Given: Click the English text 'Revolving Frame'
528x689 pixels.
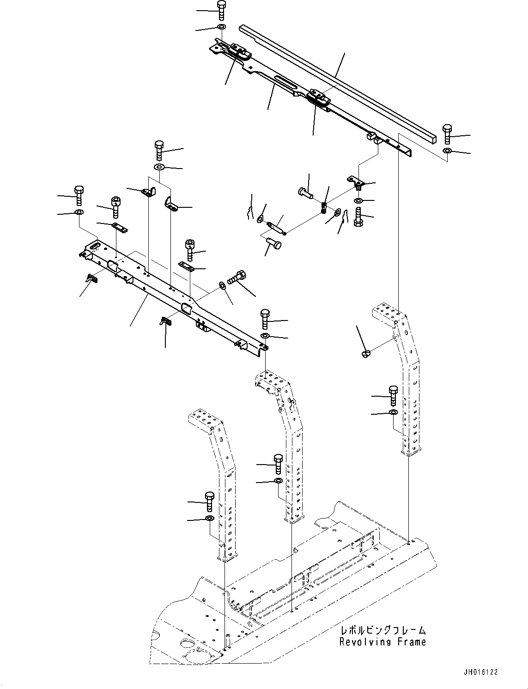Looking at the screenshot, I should (x=382, y=641).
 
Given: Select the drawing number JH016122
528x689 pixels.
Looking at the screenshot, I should (x=481, y=673).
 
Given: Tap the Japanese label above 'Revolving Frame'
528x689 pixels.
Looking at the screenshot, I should (x=382, y=630).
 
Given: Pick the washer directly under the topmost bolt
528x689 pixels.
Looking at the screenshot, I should (x=221, y=28).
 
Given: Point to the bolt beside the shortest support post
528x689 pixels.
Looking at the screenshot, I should (x=209, y=501).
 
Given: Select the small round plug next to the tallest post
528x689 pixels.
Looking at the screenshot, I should (x=364, y=354).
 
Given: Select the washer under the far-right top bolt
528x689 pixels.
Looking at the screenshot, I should (x=447, y=151).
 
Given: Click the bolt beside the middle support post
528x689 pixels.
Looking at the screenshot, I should (x=278, y=464).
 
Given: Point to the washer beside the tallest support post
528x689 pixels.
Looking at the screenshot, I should (x=393, y=412).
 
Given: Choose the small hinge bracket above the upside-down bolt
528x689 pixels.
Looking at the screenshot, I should (x=356, y=183).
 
